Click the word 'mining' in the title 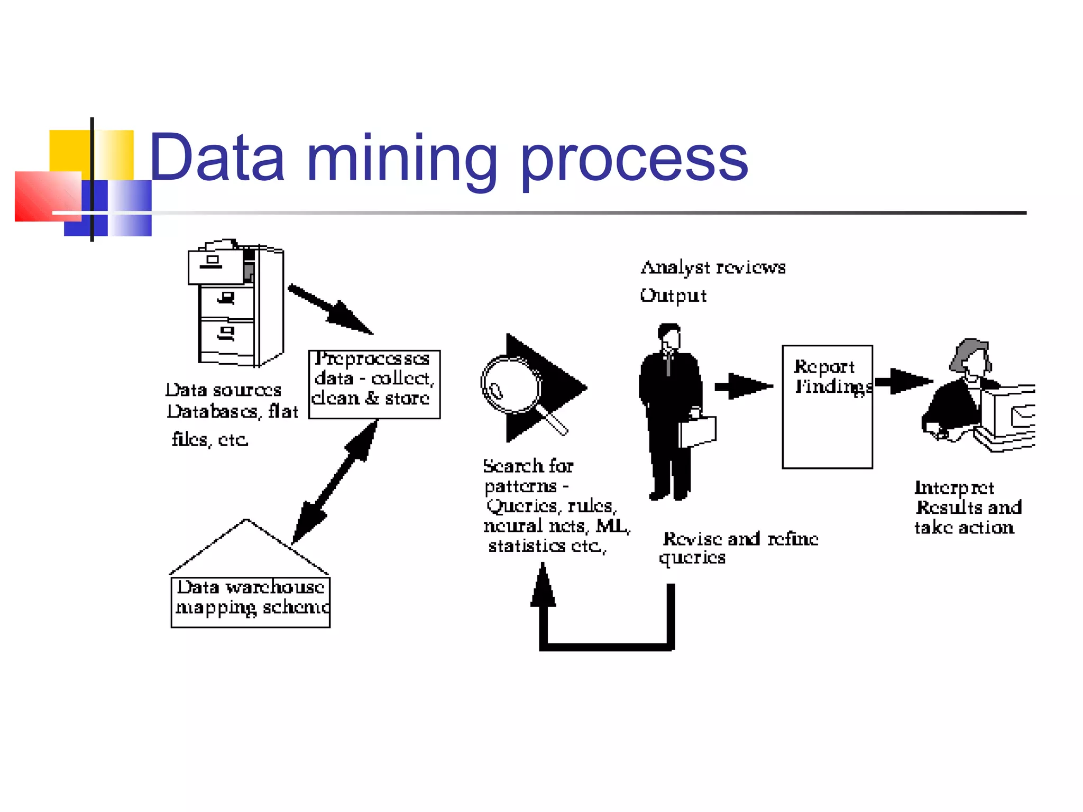tap(401, 159)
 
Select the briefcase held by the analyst tap(698, 430)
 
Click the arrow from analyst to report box tap(744, 386)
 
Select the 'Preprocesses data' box tap(374, 384)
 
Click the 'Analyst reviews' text tap(713, 268)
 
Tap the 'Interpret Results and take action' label tap(967, 507)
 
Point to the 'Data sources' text tap(223, 390)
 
